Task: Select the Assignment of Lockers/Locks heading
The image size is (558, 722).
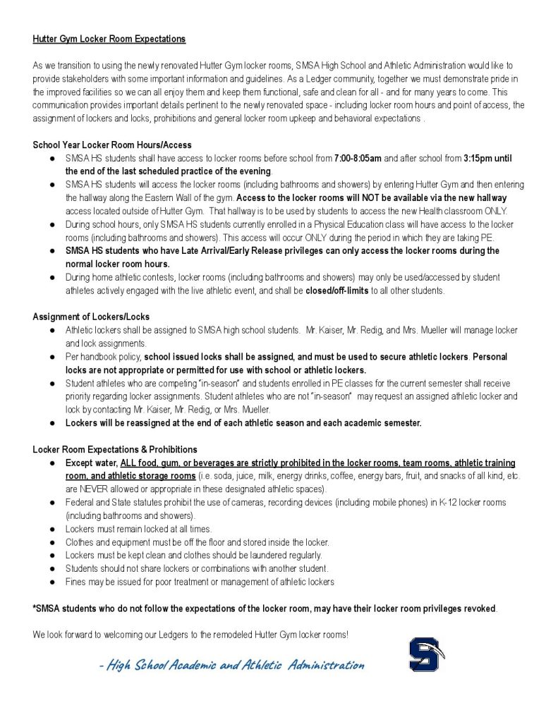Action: point(91,317)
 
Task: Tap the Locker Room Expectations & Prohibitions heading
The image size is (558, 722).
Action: point(115,449)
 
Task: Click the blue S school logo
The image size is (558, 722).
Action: point(425,654)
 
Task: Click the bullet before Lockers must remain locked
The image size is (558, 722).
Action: point(53,529)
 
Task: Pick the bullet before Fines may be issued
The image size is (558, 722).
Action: point(53,582)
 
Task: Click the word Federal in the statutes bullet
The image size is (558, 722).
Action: point(80,502)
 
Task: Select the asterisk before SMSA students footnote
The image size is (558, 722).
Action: point(35,608)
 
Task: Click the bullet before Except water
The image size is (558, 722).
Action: point(53,463)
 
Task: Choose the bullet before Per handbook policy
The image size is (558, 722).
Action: point(53,357)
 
